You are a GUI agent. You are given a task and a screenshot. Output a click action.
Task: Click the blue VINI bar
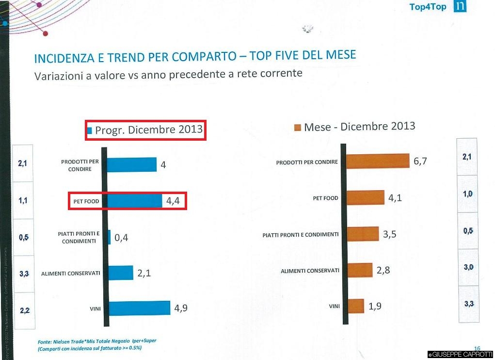[x=139, y=308]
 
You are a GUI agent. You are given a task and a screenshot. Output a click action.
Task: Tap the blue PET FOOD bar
[x=135, y=201]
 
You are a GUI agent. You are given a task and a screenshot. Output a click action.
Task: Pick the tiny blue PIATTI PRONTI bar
[x=109, y=237]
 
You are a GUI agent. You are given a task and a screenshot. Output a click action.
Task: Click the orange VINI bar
[x=356, y=306]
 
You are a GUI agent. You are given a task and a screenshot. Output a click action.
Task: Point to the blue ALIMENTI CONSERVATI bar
[x=121, y=273]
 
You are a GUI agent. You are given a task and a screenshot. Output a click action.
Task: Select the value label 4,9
[x=181, y=308]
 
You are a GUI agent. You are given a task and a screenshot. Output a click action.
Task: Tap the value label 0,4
[x=121, y=238]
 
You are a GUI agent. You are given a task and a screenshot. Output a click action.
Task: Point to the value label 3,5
[x=390, y=234]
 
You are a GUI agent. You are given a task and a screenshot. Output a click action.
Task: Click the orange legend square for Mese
[x=298, y=128]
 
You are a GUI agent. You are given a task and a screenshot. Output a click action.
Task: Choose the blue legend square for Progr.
[x=89, y=130]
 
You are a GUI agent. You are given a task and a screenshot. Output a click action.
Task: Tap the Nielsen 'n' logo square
[x=460, y=6]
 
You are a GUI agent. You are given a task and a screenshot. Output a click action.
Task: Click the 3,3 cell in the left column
[x=24, y=274]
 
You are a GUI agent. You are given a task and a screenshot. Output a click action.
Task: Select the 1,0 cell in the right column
[x=467, y=194]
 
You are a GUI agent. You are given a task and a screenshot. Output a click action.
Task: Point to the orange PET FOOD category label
[x=325, y=198]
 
